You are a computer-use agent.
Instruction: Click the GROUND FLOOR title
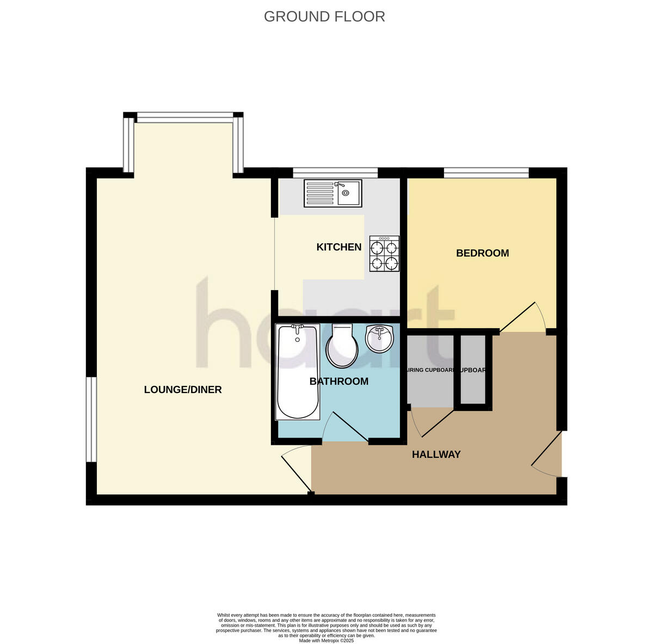pos(324,17)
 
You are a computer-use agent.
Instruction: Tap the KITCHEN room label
pos(338,247)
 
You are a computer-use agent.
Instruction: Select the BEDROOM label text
pos(482,253)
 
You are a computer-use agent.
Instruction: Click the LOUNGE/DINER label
pos(183,390)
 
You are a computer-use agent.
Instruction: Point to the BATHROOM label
pos(338,382)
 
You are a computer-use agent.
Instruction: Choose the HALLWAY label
pos(436,455)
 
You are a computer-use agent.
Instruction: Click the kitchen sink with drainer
pos(332,193)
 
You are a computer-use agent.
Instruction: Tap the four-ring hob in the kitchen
pos(384,254)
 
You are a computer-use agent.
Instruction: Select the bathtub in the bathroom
pos(297,371)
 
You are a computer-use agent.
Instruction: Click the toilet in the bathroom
pos(342,345)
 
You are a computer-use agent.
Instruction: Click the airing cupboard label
pos(430,370)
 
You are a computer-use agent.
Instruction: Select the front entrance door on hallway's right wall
pos(547,455)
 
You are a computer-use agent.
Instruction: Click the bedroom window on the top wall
pos(486,173)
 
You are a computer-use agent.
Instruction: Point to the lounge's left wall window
pos(91,419)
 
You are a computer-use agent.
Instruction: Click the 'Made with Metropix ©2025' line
pos(326,641)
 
